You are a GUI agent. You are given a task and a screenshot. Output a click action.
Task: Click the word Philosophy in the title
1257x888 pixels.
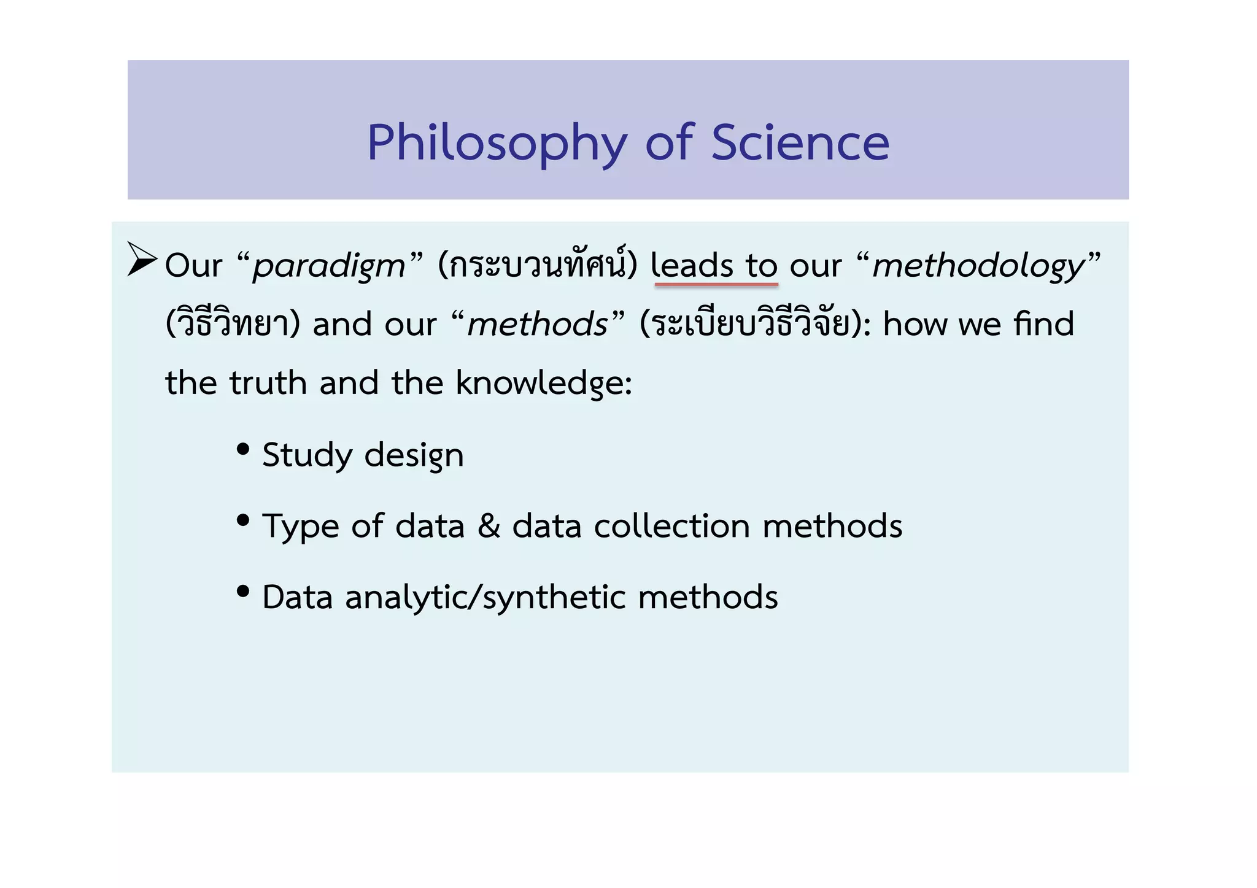click(497, 143)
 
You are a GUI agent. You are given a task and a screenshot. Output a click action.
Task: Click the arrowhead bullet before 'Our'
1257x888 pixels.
click(142, 260)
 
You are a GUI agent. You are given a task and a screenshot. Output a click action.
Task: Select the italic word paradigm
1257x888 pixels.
click(329, 266)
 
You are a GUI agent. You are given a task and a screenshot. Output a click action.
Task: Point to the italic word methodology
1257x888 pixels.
click(978, 266)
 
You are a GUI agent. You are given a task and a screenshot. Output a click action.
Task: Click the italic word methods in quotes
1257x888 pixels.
click(538, 324)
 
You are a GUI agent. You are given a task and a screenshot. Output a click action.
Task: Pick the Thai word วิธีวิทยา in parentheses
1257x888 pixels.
click(233, 323)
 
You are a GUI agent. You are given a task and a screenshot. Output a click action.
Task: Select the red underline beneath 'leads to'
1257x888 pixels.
click(716, 285)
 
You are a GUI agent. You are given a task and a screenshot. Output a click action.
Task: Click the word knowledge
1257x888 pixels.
click(543, 384)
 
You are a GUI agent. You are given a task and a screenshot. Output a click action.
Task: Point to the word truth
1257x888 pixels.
click(268, 383)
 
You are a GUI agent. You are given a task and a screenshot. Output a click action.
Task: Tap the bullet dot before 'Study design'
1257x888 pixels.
click(243, 449)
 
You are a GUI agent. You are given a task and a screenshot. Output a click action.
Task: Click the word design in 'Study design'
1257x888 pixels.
click(414, 456)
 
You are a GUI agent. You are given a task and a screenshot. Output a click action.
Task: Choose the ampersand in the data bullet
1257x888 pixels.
click(489, 527)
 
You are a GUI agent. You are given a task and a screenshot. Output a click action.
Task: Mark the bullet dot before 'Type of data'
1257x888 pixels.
click(243, 520)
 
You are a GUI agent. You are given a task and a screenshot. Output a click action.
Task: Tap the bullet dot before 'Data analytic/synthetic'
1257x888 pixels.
click(243, 592)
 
